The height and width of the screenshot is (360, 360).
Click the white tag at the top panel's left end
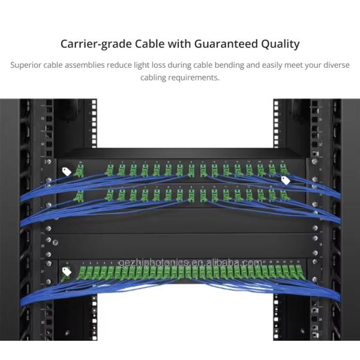tap(67, 172)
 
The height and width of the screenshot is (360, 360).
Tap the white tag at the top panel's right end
tap(286, 180)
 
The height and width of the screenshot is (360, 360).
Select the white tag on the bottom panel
tap(67, 271)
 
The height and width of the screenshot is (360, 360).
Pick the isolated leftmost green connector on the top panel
tap(79, 172)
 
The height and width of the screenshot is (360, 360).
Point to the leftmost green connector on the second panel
tap(79, 196)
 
